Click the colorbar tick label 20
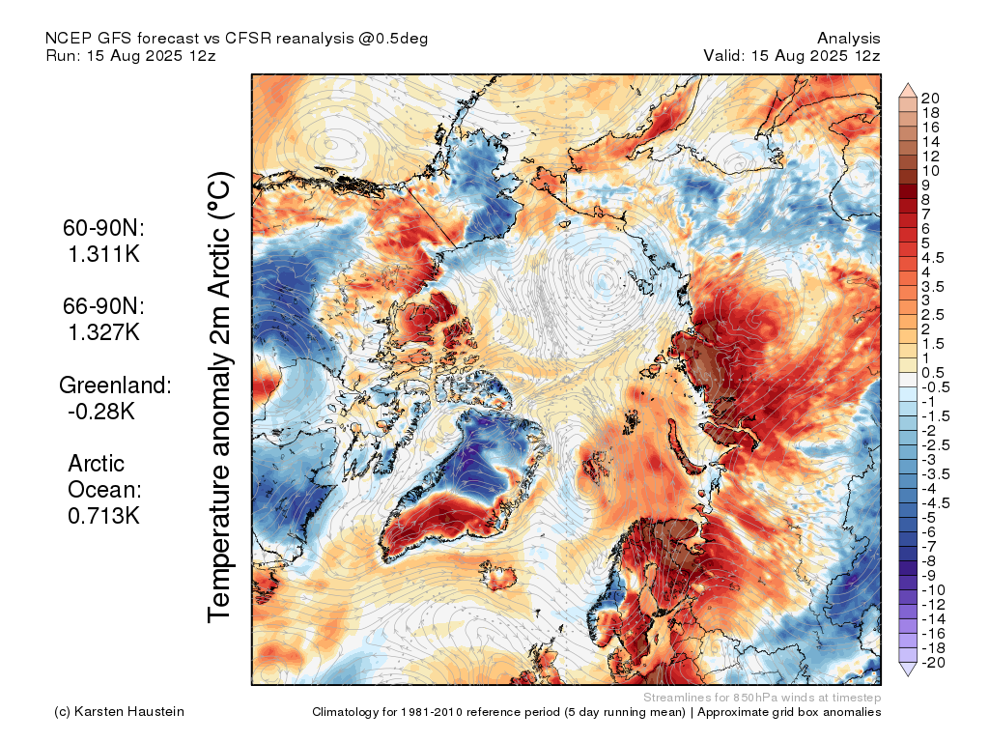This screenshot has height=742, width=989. click(930, 98)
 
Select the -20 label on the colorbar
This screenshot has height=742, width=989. click(933, 663)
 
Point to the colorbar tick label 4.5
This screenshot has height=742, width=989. click(933, 257)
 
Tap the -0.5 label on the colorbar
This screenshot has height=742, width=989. click(935, 387)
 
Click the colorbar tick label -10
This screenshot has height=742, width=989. click(933, 590)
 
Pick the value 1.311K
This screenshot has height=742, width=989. click(104, 254)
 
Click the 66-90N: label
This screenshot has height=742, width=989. click(103, 306)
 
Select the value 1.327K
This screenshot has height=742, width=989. click(104, 332)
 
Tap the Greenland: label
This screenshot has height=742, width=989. click(115, 385)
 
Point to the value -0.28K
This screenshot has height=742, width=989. click(101, 412)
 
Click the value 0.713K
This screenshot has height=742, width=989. click(103, 516)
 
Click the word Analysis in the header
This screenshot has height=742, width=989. click(849, 39)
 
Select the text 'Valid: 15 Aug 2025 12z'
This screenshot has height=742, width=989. click(792, 55)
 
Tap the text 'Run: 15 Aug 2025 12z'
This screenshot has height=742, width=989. click(130, 55)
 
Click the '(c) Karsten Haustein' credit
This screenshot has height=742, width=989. click(119, 712)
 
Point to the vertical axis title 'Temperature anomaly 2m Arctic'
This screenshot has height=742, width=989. click(219, 397)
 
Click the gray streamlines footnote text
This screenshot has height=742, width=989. click(762, 698)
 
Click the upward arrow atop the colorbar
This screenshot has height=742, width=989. click(908, 90)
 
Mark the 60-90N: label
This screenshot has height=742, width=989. click(103, 228)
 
